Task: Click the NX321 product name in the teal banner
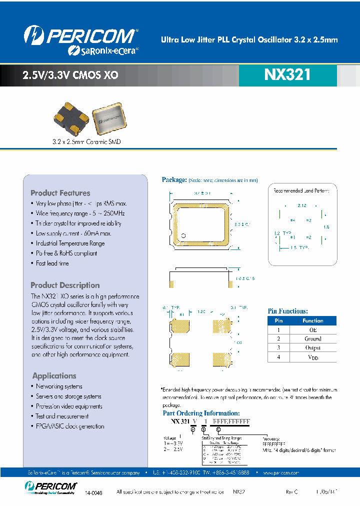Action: [x=287, y=74]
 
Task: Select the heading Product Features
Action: [x=60, y=193]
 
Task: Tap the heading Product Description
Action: [x=65, y=285]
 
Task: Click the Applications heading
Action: [x=54, y=376]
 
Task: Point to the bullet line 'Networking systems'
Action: [x=59, y=386]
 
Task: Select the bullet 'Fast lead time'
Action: [x=52, y=263]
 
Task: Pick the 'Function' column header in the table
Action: [x=312, y=321]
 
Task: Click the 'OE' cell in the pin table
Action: [x=312, y=330]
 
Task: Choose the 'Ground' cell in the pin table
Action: [x=312, y=339]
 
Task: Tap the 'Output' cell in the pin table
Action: [x=312, y=348]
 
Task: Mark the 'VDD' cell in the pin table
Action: [x=312, y=357]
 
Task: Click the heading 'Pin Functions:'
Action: [x=288, y=311]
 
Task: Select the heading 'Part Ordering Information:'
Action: [x=201, y=413]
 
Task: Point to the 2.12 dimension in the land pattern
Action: [x=301, y=205]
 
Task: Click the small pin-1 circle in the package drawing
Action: [x=183, y=235]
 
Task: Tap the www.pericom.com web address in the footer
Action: [x=280, y=472]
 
